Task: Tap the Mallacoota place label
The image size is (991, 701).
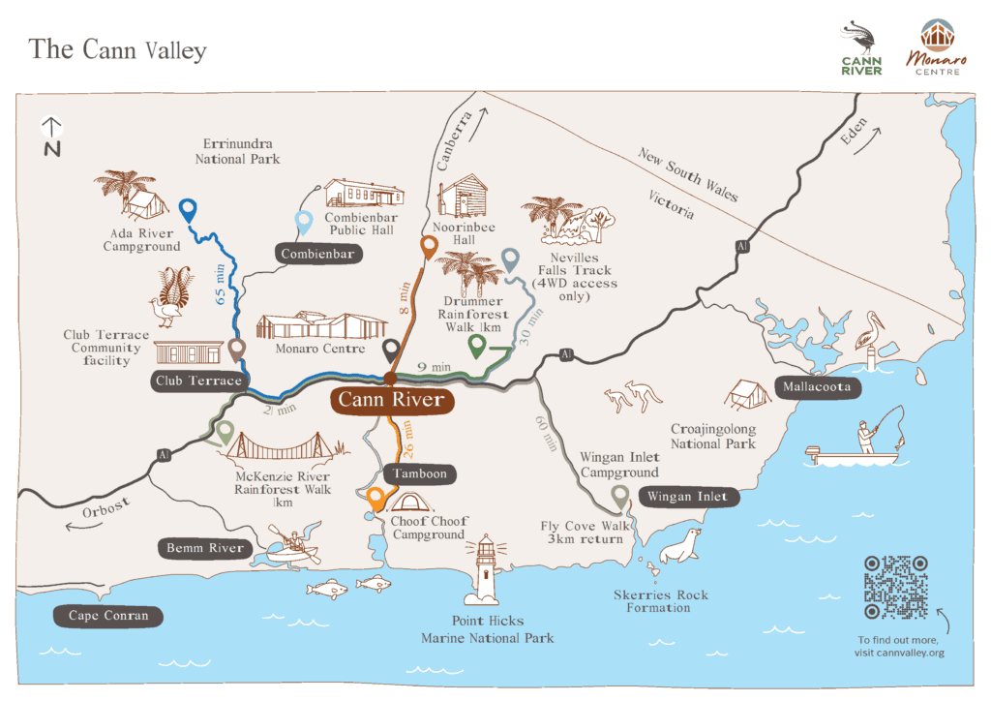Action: [817, 387]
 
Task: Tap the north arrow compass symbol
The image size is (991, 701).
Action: [51, 137]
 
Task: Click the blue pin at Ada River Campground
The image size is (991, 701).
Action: [189, 210]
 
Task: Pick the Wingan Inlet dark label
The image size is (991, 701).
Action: [688, 497]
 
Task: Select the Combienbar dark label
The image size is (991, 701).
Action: [319, 254]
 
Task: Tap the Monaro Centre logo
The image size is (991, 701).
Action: [933, 46]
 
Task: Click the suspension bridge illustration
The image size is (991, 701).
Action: [285, 448]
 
